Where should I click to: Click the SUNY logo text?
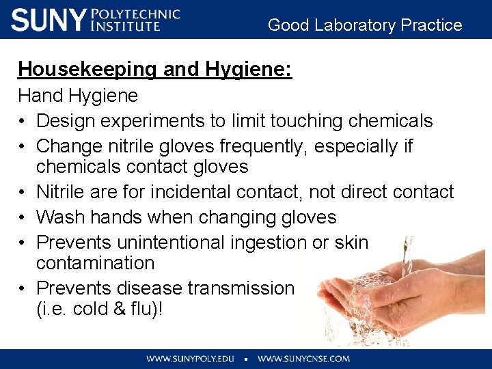click(x=48, y=20)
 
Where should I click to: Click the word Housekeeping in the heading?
click(x=77, y=70)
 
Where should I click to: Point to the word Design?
click(x=66, y=121)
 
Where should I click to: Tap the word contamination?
click(x=95, y=263)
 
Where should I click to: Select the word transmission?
click(x=240, y=288)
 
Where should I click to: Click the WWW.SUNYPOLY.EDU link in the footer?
click(x=190, y=358)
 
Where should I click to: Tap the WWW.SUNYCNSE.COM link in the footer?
click(x=303, y=358)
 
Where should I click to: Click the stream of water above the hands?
click(x=408, y=256)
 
